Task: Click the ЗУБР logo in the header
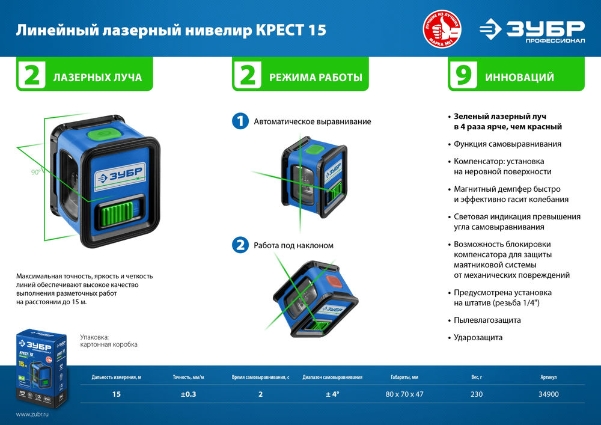pyautogui.click(x=531, y=30)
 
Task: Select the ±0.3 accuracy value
pyautogui.click(x=189, y=394)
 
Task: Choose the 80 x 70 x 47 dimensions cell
pyautogui.click(x=403, y=394)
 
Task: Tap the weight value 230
pyautogui.click(x=477, y=394)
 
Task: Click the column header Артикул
pyautogui.click(x=549, y=378)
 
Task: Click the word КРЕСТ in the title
pyautogui.click(x=282, y=30)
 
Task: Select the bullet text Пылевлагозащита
pyautogui.click(x=487, y=320)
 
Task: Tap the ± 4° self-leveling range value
pyautogui.click(x=333, y=394)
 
